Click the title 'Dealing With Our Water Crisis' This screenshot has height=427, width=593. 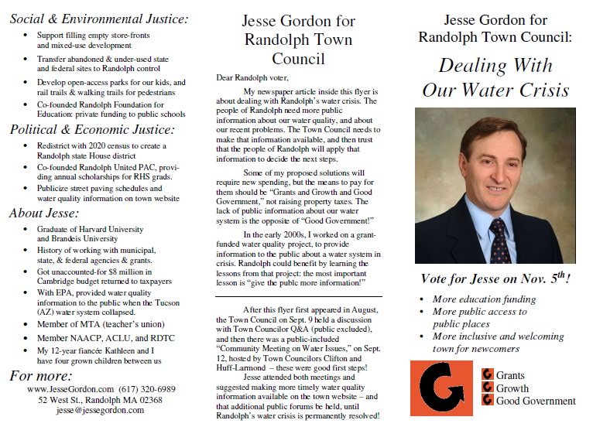click(x=495, y=77)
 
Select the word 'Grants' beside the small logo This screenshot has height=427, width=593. click(x=510, y=375)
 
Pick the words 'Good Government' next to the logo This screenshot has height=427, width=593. click(x=535, y=401)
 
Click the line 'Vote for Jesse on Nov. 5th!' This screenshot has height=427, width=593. click(x=495, y=280)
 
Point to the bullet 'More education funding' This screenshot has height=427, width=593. click(x=484, y=299)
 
